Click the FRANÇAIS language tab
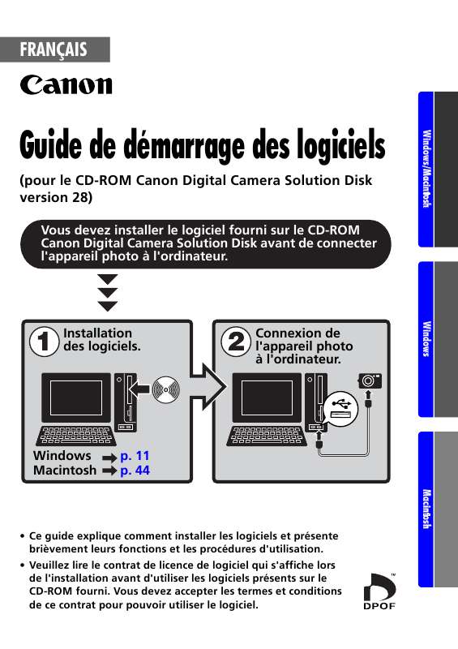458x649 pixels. tap(55, 49)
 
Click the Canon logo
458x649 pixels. tap(66, 84)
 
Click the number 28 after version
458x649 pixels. tap(78, 197)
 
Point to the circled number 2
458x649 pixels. tap(234, 342)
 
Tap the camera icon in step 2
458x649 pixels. tap(369, 380)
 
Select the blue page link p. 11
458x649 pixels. tap(135, 456)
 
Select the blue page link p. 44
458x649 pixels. tap(135, 470)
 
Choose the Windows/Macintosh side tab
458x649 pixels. tap(426, 167)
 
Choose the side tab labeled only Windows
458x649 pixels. tap(426, 338)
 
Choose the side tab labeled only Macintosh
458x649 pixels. tap(426, 509)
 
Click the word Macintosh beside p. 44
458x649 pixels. tap(65, 470)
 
